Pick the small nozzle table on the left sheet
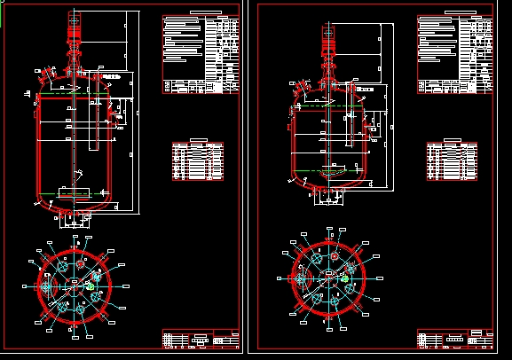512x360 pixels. coord(199,160)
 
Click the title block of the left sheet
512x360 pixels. coord(201,339)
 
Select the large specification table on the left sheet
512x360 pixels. coord(201,54)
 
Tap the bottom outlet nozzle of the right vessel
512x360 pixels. coord(329,196)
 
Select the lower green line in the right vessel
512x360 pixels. coord(328,170)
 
